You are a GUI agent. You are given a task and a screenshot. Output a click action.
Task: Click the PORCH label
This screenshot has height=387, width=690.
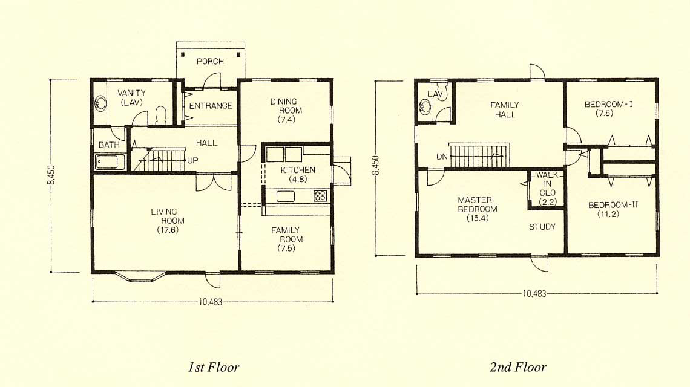tap(210, 61)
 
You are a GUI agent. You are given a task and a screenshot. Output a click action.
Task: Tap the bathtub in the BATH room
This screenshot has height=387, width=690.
tap(110, 161)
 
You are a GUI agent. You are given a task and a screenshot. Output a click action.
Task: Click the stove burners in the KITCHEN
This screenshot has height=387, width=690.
tap(320, 195)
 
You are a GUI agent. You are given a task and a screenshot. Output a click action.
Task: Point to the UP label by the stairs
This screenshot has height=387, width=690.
tap(192, 160)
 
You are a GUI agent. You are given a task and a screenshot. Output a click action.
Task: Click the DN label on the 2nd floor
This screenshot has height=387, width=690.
tap(442, 157)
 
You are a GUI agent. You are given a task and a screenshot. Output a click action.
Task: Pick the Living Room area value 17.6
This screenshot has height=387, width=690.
tap(168, 230)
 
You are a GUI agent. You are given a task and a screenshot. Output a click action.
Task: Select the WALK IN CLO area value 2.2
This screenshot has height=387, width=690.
tap(547, 202)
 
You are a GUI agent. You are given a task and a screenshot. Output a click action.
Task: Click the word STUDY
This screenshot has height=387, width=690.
tap(542, 227)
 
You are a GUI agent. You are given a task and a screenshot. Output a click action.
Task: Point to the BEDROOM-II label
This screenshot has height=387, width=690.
tap(613, 205)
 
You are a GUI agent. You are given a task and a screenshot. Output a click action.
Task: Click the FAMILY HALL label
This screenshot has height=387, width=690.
tap(505, 109)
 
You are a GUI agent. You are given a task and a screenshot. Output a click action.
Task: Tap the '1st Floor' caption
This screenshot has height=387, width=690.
tap(214, 367)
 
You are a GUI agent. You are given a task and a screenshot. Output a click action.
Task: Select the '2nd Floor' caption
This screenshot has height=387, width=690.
tap(518, 367)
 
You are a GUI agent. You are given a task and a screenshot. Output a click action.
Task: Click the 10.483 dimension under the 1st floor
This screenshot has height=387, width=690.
tap(211, 302)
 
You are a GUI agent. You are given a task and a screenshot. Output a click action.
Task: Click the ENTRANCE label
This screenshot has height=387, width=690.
tap(211, 106)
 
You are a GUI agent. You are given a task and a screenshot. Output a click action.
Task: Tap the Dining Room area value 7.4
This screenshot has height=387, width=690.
tap(286, 120)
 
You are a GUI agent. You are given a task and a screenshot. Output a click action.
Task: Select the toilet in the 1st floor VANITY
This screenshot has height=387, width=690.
tap(160, 115)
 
